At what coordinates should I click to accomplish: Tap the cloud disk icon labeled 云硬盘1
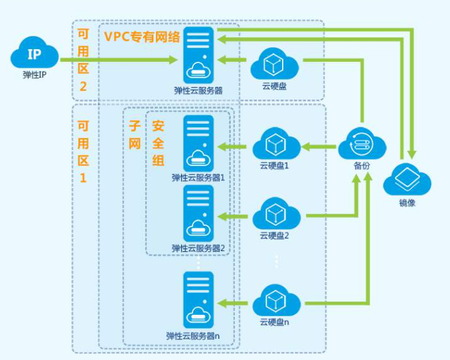(x=275, y=145)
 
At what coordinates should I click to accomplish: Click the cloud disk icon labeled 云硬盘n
(x=275, y=301)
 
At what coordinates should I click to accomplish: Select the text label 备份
(x=361, y=167)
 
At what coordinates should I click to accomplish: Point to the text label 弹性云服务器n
(x=193, y=335)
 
